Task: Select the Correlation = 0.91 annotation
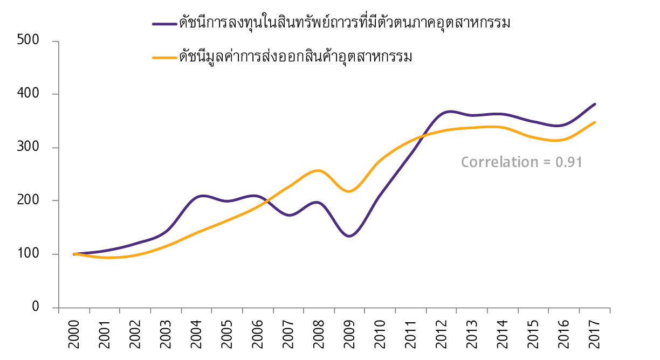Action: (x=521, y=162)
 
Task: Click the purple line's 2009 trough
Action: (x=349, y=236)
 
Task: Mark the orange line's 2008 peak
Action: (x=318, y=170)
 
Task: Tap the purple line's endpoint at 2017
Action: (x=594, y=104)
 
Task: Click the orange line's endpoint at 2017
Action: (x=594, y=122)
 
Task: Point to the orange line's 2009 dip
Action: (x=349, y=191)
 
